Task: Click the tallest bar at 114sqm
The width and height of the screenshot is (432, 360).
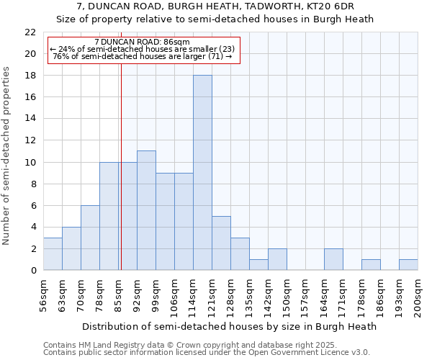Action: click(202, 173)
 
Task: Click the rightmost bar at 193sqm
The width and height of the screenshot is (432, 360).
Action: click(408, 264)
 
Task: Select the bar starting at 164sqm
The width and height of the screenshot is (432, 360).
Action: click(333, 259)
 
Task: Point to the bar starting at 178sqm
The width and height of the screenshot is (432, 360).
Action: click(371, 264)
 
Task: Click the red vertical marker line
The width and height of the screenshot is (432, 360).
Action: click(121, 180)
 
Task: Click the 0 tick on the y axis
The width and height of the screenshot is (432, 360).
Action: click(33, 270)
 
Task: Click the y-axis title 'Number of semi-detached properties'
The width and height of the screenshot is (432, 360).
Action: click(7, 156)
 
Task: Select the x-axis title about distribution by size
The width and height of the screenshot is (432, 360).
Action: click(230, 326)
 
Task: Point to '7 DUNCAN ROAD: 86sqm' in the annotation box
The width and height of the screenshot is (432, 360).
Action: click(142, 42)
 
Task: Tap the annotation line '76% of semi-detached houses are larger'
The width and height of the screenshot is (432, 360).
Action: click(142, 56)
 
